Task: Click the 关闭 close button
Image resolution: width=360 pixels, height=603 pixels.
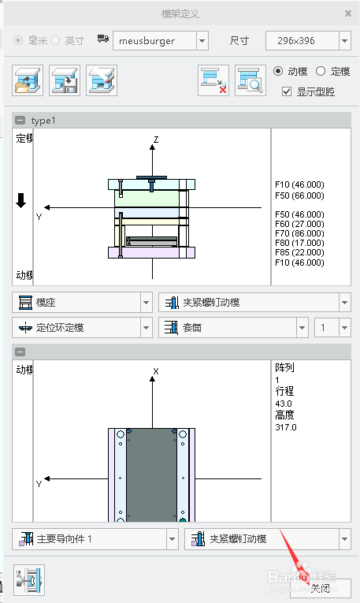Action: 321,588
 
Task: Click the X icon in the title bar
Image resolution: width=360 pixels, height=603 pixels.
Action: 348,13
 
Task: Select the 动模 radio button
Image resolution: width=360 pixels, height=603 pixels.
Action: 278,71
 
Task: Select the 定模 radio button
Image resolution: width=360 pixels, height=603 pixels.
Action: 321,71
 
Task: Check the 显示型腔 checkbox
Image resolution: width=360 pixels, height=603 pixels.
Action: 287,91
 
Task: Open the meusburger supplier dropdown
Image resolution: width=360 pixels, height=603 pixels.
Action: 202,41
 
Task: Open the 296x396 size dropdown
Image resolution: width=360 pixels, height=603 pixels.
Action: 345,41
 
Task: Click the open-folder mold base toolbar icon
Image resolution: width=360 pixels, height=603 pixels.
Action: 28,80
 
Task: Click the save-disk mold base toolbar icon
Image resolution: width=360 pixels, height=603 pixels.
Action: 65,80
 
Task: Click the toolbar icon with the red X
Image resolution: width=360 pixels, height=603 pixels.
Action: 213,80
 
